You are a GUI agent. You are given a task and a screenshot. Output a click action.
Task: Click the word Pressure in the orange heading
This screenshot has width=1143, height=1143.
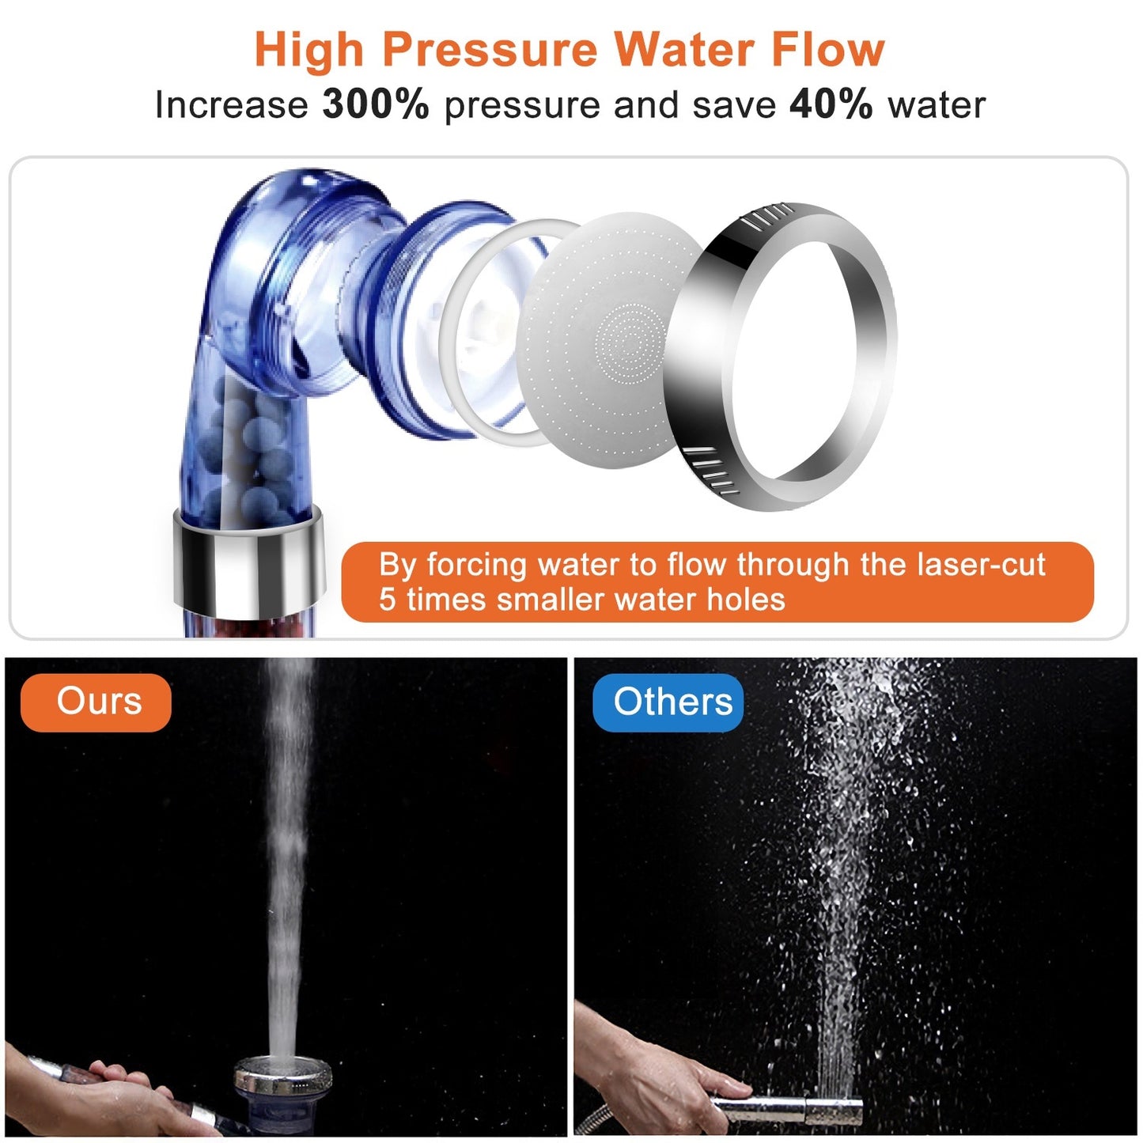[490, 50]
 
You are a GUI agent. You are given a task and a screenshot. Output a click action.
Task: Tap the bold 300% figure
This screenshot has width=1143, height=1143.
[376, 104]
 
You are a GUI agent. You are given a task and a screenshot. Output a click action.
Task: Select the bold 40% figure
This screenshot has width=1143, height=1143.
[831, 104]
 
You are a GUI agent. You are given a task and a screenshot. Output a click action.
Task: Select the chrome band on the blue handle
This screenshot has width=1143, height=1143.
[248, 562]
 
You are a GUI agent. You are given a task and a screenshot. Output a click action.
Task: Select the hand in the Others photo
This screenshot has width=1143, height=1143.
[657, 1068]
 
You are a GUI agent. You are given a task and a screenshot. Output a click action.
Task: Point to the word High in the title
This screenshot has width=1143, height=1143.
[309, 50]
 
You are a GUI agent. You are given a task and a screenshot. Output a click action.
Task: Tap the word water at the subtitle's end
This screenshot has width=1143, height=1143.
[937, 104]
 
